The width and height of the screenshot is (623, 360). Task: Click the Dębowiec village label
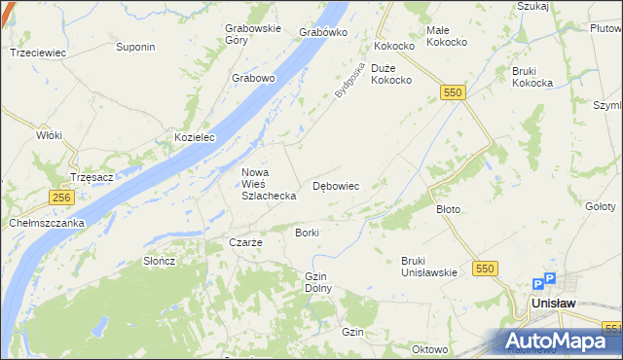(337, 185)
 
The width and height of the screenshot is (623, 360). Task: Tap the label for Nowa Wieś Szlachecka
(269, 184)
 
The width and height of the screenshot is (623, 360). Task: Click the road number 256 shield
(61, 197)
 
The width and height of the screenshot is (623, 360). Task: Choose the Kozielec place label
(194, 138)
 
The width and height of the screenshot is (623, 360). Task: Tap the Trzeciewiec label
(37, 53)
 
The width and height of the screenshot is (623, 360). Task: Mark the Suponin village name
(135, 47)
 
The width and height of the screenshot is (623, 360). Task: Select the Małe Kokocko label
(450, 37)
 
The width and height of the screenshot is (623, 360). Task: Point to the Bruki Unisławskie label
(429, 266)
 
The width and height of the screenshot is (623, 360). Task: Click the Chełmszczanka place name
(47, 223)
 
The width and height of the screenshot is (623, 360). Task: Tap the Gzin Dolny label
(319, 282)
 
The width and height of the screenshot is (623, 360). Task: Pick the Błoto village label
(448, 209)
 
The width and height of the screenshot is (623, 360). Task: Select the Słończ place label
(159, 261)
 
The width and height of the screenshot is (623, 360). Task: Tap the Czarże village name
(245, 242)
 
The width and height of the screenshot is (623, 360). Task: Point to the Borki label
(307, 234)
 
